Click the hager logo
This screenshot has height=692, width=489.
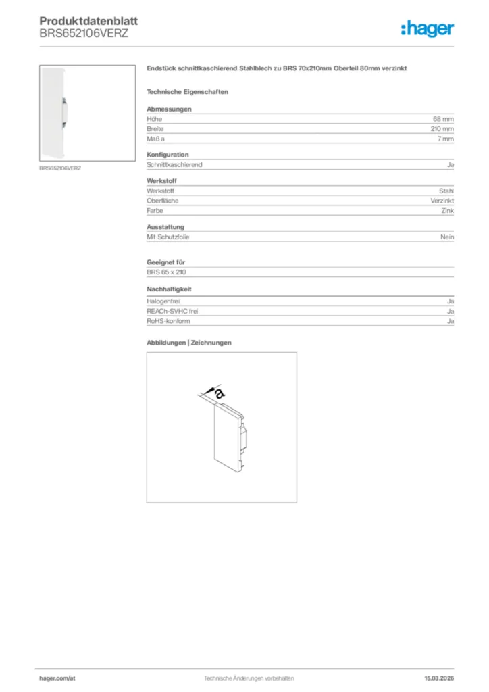[x=427, y=28]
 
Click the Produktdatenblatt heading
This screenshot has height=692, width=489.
[x=88, y=22]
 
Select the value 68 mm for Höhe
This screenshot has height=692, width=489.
[x=443, y=119]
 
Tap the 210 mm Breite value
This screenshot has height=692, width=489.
[x=442, y=128]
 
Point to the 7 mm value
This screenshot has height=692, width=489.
[x=445, y=139]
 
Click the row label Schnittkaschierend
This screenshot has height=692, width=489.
[x=174, y=165]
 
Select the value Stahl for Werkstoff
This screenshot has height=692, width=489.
[x=446, y=191]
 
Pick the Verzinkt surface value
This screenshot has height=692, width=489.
[x=442, y=201]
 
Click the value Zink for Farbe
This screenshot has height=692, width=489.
[x=448, y=211]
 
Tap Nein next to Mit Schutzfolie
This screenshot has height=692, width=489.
[x=447, y=237]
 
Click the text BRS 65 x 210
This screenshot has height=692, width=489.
[x=166, y=272]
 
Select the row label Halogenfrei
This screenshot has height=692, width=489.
[x=163, y=301]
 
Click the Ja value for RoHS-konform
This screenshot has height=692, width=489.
[x=451, y=321]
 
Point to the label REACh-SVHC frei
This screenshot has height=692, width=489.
[x=172, y=312]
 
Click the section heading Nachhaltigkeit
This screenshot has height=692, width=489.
[x=170, y=289]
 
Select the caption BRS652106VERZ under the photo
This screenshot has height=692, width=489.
[x=59, y=168]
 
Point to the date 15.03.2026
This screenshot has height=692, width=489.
[x=438, y=678]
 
